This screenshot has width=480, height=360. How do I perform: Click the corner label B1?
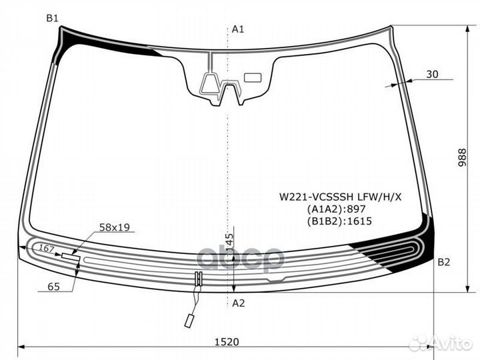click(52, 19)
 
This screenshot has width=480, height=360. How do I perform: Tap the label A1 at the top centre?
click(238, 29)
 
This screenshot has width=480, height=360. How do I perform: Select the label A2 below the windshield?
click(239, 303)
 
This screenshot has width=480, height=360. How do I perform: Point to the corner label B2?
click(443, 262)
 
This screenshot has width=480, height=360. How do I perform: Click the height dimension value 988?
click(462, 157)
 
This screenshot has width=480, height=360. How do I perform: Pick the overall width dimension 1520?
click(227, 341)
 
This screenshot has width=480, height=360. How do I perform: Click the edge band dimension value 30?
click(432, 74)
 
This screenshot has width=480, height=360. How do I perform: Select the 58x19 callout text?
click(115, 227)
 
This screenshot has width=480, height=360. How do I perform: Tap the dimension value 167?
click(47, 249)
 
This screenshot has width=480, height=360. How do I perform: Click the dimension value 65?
click(54, 287)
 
